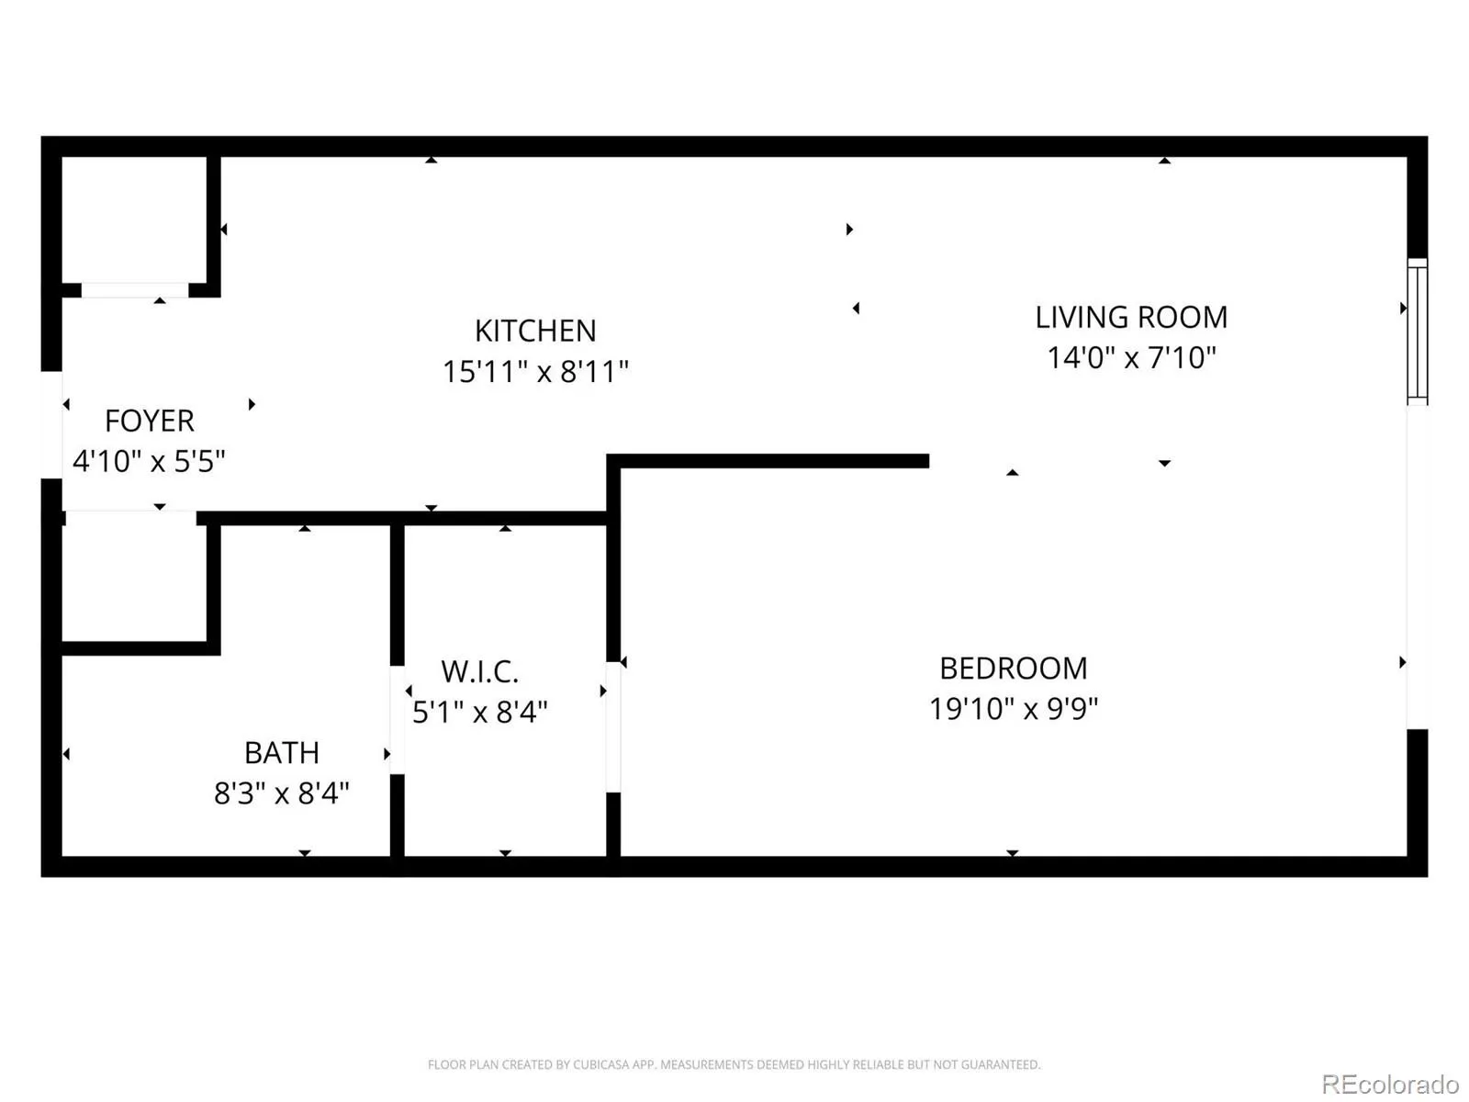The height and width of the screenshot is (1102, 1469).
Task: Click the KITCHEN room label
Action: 534,331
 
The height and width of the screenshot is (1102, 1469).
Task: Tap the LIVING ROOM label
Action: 1131,317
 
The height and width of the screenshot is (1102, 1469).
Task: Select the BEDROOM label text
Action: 1014,669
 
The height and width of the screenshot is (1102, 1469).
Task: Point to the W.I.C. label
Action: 480,672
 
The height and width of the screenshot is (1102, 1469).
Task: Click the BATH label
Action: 282,753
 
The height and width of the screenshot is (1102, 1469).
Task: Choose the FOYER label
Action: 150,421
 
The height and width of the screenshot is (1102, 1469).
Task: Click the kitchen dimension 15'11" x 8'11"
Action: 535,371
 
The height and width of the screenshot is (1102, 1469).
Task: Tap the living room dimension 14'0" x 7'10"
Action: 1131,357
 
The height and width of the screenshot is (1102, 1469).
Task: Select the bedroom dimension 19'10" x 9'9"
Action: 1014,709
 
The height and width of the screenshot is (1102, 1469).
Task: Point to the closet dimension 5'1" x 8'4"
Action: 480,712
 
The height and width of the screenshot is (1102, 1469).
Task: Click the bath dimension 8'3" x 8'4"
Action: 282,793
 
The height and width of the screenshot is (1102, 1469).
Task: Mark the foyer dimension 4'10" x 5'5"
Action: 150,461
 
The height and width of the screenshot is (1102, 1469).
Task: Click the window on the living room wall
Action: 1418,332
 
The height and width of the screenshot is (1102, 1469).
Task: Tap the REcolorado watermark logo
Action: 1391,1084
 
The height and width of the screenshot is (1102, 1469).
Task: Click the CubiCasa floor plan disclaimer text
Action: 734,1064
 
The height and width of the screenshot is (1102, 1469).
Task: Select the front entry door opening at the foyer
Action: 51,425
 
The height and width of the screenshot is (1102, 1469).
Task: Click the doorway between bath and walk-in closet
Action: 397,720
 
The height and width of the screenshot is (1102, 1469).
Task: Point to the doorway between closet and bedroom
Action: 613,727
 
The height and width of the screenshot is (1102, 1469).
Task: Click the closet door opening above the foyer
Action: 135,289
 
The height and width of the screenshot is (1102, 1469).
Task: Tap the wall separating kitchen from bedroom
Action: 768,461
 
